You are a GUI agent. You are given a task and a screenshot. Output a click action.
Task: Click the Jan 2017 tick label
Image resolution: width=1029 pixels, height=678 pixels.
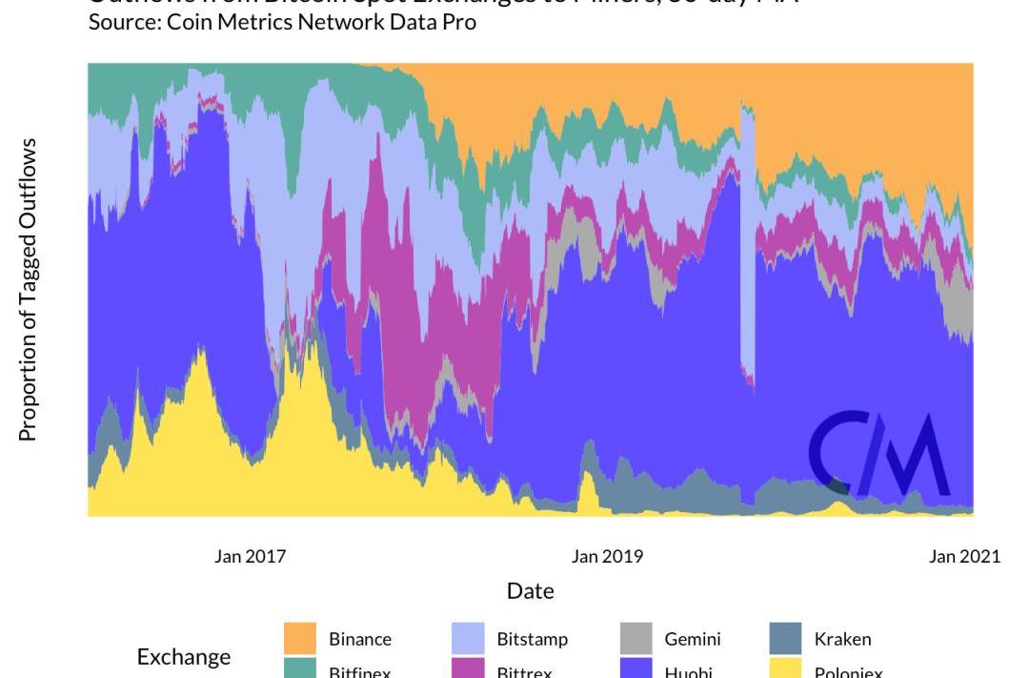tap(250, 556)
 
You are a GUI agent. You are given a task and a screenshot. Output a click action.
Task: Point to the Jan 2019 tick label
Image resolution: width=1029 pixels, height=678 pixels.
tap(607, 556)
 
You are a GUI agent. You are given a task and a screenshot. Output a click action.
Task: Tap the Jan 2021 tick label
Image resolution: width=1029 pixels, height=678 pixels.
tap(964, 556)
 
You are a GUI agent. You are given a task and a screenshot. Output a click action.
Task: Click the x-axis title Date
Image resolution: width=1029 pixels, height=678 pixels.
tap(531, 591)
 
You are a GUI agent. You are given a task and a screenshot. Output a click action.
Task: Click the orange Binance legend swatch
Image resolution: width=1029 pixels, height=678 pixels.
tap(299, 639)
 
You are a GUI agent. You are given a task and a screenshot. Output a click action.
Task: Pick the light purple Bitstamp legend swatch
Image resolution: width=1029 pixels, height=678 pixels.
tap(468, 639)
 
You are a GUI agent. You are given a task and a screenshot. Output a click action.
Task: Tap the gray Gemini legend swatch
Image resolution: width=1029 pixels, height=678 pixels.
tap(636, 639)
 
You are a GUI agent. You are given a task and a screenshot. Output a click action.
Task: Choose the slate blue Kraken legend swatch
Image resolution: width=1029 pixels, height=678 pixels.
tap(785, 639)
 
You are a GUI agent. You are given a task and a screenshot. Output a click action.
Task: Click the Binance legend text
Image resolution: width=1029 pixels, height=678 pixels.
tap(360, 639)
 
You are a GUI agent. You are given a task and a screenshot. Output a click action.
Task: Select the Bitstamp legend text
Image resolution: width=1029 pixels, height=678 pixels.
tap(532, 639)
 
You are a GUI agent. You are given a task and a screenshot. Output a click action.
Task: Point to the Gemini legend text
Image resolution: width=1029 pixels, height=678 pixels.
tap(693, 639)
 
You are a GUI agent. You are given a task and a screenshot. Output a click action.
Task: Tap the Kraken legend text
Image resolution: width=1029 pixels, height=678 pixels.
tap(842, 639)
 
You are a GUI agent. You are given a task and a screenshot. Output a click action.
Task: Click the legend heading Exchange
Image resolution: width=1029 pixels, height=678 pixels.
tap(184, 657)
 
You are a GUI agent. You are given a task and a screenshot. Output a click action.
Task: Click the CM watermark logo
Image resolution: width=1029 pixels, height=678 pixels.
tap(878, 455)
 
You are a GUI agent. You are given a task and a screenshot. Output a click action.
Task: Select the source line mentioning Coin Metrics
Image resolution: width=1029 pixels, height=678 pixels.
tap(282, 22)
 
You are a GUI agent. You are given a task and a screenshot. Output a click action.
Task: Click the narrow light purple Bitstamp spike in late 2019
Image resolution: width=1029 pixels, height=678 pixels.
tap(748, 238)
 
